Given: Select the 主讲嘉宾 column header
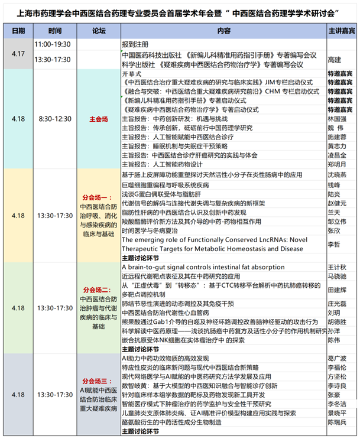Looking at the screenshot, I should (342, 30).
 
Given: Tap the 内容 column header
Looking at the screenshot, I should (223, 30).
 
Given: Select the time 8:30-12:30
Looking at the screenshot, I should (55, 118).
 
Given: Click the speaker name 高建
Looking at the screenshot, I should (335, 60).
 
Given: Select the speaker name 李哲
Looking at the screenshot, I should (335, 244).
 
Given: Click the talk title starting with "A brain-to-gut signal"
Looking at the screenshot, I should (203, 267).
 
